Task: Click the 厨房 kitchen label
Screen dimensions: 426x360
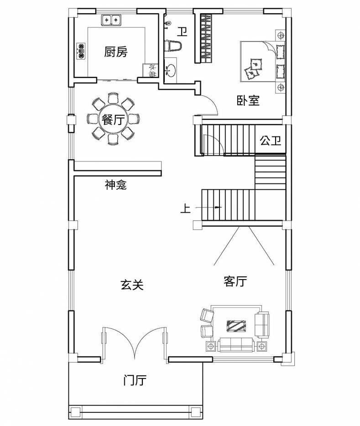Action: [115, 52]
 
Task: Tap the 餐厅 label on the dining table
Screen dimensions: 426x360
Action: [112, 120]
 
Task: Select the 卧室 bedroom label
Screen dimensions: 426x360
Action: [248, 100]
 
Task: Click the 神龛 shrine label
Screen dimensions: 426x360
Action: [115, 185]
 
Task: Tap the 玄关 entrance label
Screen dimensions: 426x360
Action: [132, 285]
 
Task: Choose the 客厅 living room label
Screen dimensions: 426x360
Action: [235, 281]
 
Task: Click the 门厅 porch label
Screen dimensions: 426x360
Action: [135, 380]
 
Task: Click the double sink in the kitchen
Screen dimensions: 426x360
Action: [111, 21]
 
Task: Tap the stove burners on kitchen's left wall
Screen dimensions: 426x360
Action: [82, 52]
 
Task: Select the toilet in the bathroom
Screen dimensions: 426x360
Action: [174, 45]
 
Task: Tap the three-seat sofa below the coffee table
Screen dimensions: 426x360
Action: [236, 344]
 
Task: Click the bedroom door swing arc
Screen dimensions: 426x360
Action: [210, 105]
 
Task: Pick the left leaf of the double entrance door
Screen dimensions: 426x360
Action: [118, 342]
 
